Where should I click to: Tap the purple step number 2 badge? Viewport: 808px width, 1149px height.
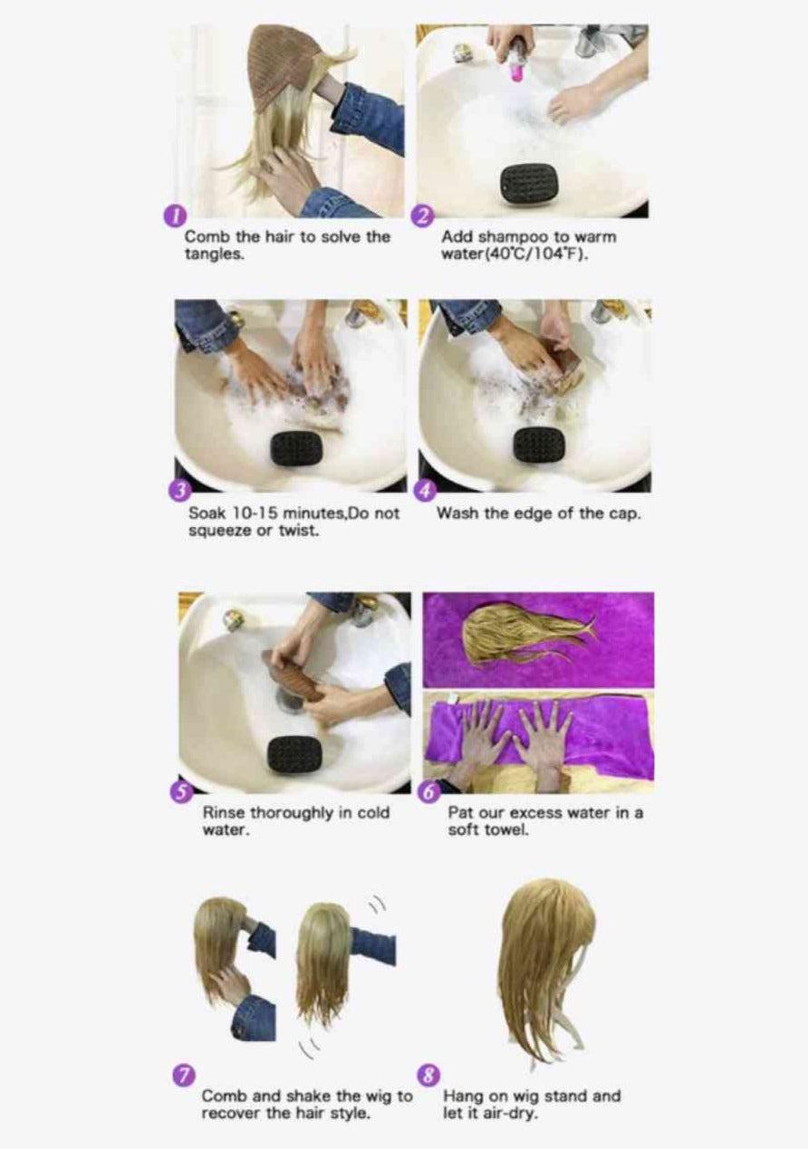click(422, 218)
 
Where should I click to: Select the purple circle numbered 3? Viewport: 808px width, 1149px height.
click(178, 492)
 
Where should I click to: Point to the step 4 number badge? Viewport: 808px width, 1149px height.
click(426, 492)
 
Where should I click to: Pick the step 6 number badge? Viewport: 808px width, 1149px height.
click(428, 792)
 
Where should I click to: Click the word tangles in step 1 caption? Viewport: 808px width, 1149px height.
click(214, 255)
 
